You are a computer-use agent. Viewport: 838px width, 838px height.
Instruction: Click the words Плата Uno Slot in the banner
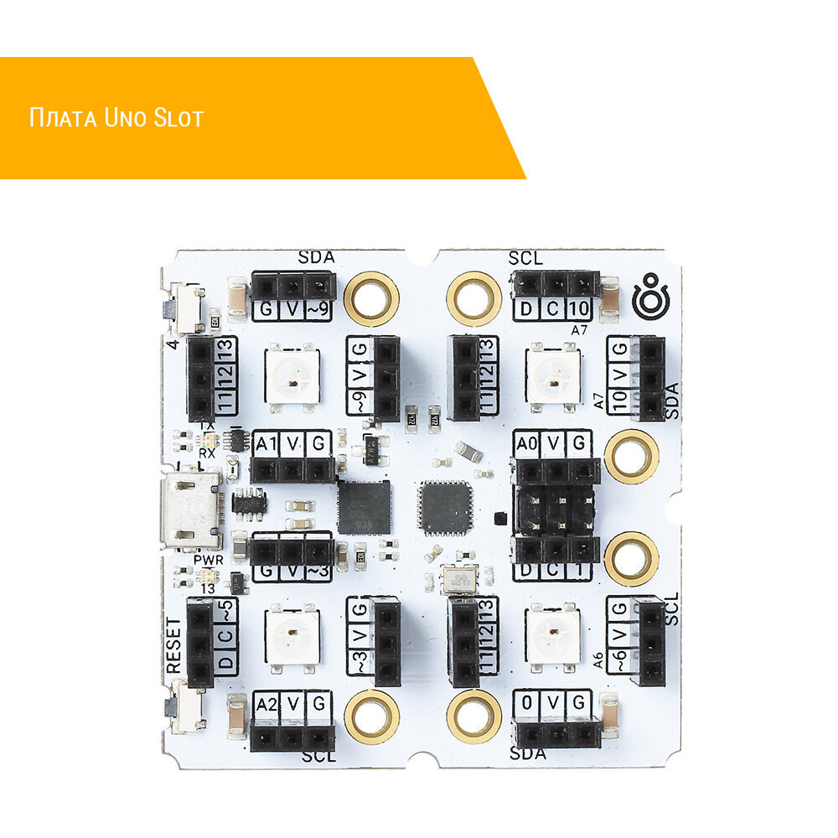point(116,117)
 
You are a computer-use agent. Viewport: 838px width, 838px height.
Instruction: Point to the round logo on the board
point(651,297)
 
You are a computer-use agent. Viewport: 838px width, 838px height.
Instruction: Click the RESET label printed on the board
point(173,644)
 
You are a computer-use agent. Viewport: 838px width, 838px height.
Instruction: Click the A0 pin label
point(527,443)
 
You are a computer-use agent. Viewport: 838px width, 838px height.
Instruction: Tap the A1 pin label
point(266,445)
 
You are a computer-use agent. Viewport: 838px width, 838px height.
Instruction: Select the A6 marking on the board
point(598,661)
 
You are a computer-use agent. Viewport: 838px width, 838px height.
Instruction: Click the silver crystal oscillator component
point(460,580)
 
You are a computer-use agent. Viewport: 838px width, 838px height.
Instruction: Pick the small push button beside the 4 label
point(185,309)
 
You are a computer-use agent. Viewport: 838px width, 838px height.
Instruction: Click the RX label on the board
point(206,453)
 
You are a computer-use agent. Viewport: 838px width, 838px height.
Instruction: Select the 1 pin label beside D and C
point(579,572)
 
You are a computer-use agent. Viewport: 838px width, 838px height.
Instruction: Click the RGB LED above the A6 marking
point(551,634)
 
